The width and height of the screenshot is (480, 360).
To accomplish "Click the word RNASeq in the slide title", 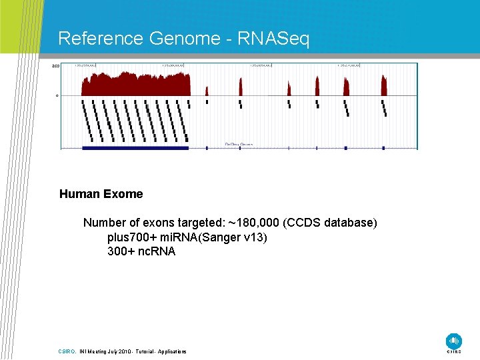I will click(x=274, y=39).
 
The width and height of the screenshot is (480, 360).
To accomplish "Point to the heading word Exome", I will click(x=122, y=194).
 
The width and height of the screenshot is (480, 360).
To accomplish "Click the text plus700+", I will click(x=129, y=237).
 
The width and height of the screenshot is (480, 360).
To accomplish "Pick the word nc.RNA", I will click(x=157, y=251).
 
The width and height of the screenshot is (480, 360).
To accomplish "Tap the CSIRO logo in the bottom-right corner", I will click(x=454, y=341).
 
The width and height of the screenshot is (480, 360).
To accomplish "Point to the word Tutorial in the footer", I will click(x=145, y=351).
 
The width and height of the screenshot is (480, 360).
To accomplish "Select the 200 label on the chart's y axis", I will click(x=56, y=66).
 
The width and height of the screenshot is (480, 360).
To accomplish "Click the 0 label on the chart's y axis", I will click(x=57, y=95).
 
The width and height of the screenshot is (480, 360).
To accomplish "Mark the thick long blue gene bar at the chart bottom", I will click(x=135, y=147).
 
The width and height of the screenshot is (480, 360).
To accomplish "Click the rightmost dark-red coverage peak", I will click(x=384, y=85).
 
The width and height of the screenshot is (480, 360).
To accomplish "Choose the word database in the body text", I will click(x=354, y=222).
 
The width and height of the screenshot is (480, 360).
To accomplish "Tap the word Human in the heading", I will click(x=78, y=194).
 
